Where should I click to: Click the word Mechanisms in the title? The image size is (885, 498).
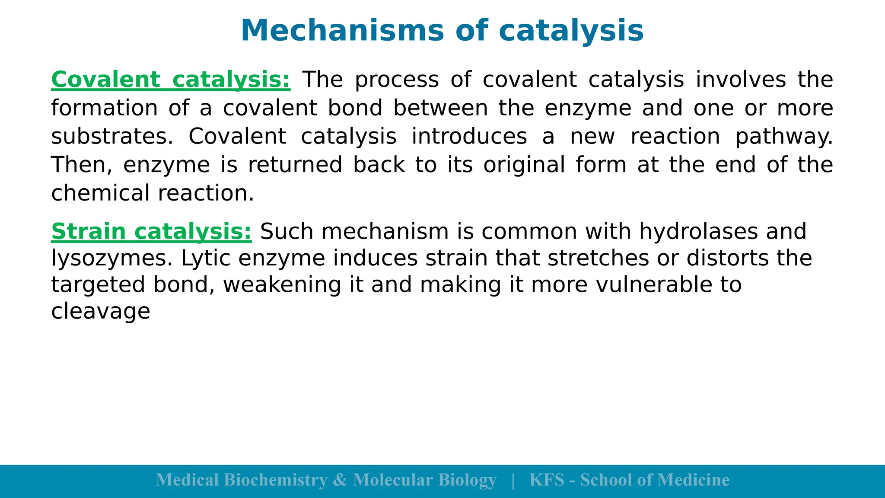click(342, 31)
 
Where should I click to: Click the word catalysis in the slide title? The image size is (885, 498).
click(571, 31)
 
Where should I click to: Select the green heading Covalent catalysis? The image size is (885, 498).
click(171, 80)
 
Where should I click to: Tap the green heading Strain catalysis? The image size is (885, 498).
click(151, 232)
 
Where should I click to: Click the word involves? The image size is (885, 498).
click(741, 80)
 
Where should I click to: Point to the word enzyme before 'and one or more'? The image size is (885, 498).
click(588, 108)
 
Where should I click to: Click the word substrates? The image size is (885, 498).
click(111, 137)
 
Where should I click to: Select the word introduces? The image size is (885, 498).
click(469, 137)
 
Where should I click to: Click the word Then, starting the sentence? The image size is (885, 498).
click(81, 165)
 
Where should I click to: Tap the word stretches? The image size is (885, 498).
click(598, 259)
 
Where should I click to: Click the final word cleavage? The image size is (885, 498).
click(101, 312)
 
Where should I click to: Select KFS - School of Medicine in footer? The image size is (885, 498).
click(629, 480)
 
